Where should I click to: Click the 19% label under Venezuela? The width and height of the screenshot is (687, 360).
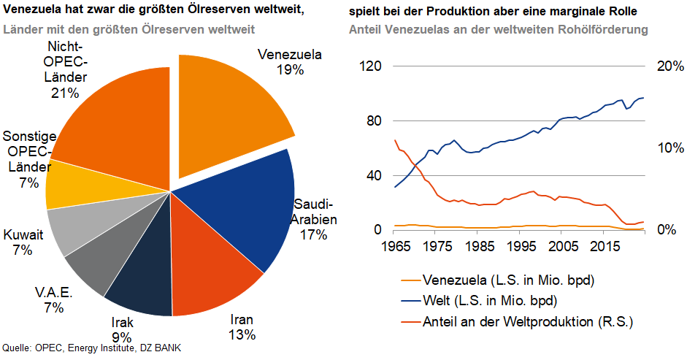290,70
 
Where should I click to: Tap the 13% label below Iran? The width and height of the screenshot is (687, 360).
242,335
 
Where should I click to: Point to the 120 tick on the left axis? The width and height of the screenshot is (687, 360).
372,66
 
